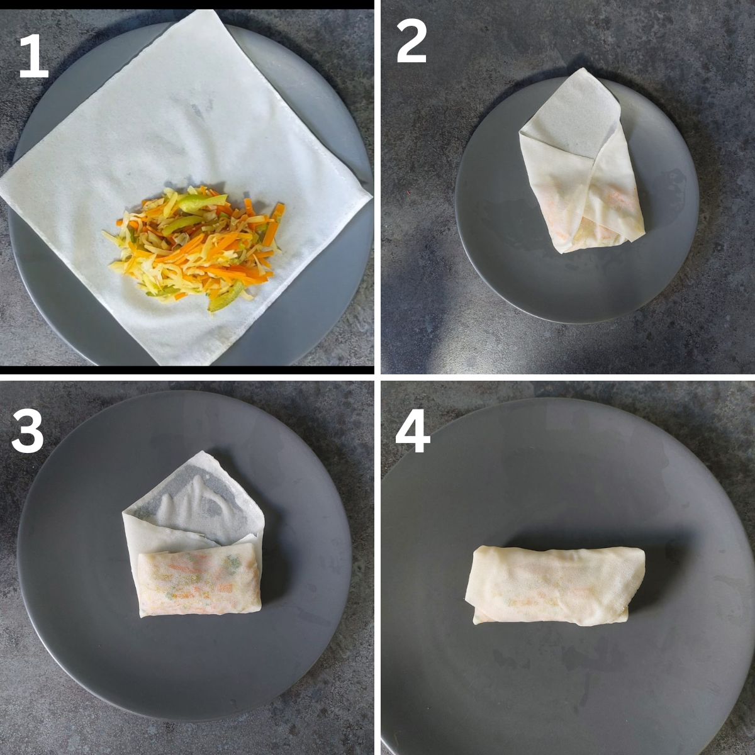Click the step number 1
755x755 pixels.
[34, 55]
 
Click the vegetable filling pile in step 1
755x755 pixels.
[194, 247]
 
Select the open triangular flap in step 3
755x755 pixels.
[194, 498]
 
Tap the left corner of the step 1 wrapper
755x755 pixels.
[1, 184]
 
